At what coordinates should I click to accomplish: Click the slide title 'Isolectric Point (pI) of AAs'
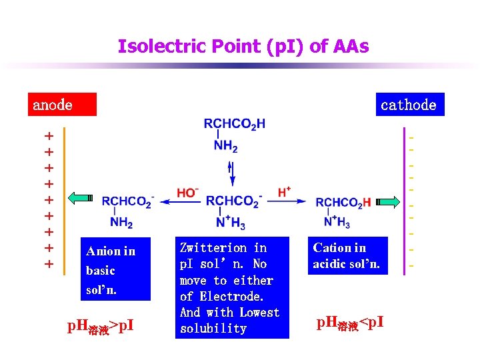(243, 47)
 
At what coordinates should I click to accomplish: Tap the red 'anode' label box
(61, 104)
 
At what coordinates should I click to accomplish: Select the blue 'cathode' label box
(409, 104)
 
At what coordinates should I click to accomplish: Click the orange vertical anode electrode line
(65, 200)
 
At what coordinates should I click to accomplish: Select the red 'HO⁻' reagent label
(187, 193)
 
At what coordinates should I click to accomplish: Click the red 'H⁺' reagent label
(284, 192)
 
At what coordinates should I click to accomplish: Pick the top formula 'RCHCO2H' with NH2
(234, 124)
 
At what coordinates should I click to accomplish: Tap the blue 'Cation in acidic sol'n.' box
(346, 256)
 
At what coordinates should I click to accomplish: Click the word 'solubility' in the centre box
(213, 329)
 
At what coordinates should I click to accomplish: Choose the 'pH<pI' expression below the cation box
(350, 324)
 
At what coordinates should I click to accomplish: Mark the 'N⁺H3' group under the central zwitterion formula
(231, 223)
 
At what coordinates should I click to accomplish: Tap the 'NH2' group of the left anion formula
(121, 223)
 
